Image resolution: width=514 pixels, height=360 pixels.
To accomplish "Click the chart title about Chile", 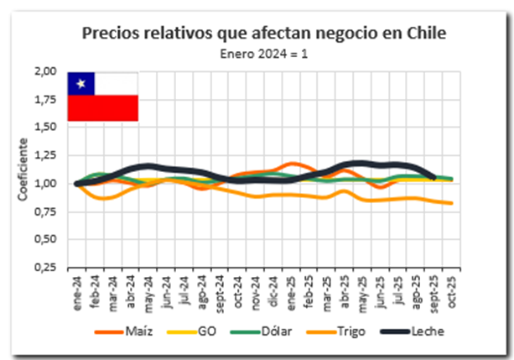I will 264,34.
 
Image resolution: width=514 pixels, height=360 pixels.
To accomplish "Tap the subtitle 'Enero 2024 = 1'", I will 264,53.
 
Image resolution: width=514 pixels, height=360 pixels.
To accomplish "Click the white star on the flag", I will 81,82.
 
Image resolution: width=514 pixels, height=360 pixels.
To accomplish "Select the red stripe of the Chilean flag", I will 102,108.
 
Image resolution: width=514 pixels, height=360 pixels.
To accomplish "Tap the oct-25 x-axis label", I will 450,293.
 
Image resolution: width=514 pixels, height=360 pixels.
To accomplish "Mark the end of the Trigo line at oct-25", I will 453,203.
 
